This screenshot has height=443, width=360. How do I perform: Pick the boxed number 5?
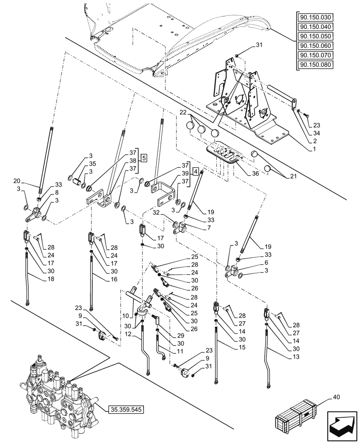pyautogui.click(x=145, y=158)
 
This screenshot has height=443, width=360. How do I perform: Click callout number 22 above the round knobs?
pyautogui.click(x=183, y=113)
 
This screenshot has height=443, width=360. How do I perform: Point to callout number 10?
pyautogui.click(x=126, y=316)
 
